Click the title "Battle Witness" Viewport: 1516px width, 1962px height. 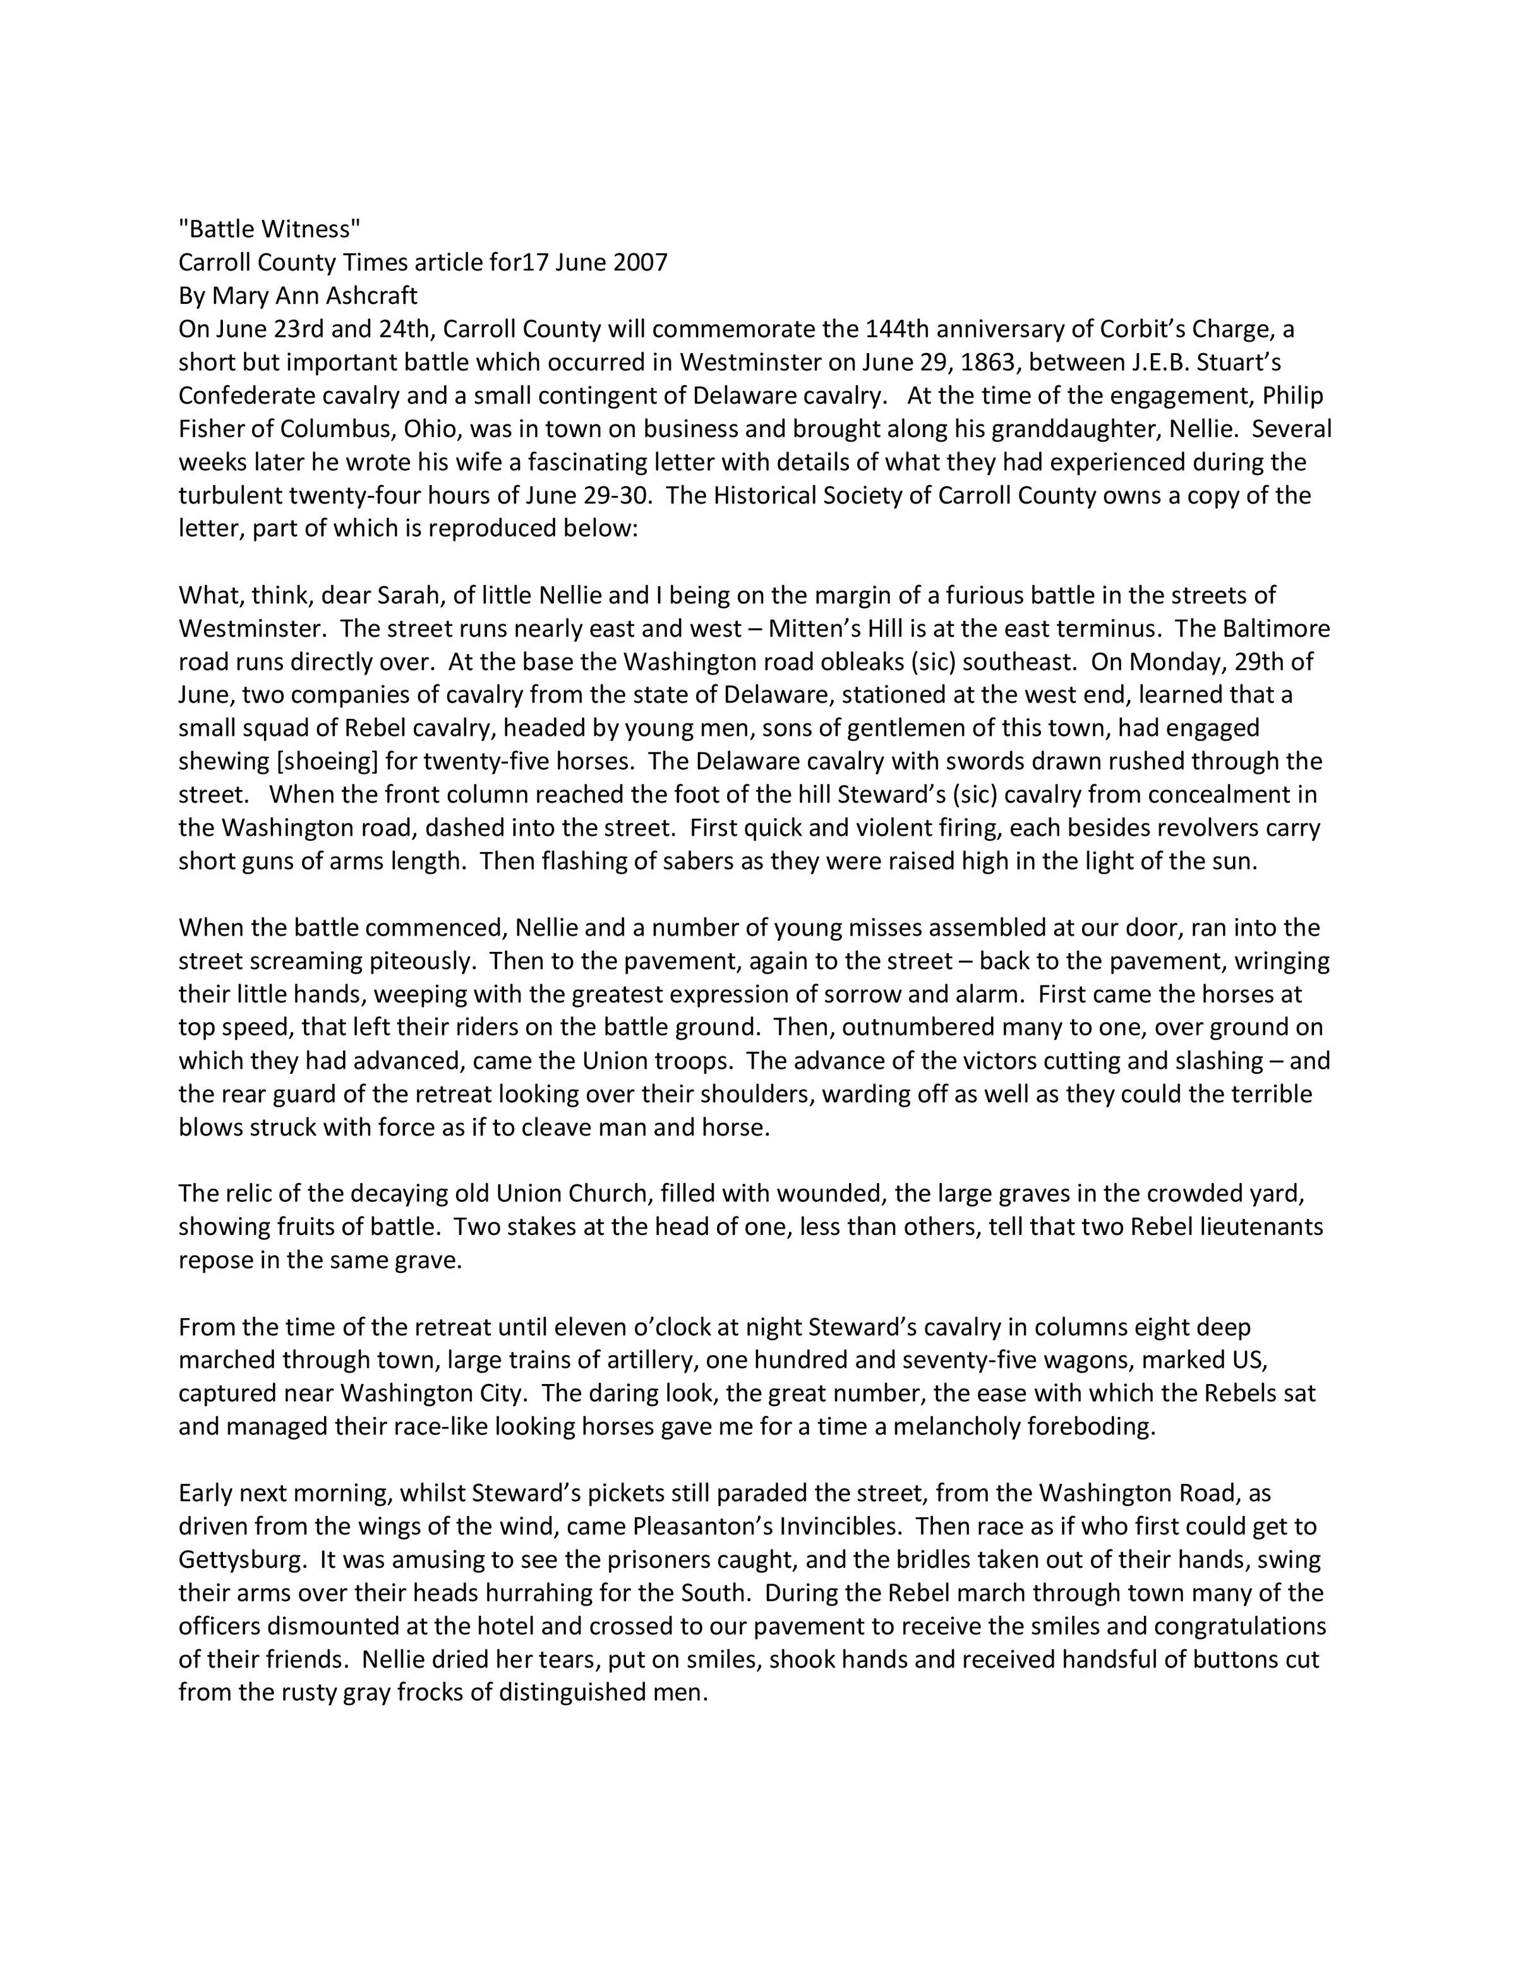[x=270, y=230]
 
